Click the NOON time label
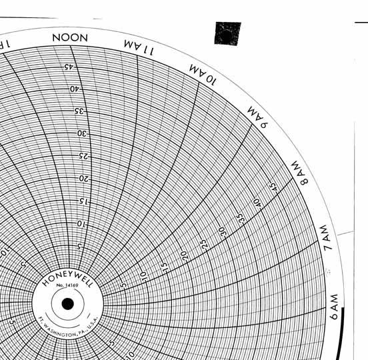70,37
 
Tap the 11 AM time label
139,47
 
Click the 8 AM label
299,173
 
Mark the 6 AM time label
335,308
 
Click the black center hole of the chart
67,304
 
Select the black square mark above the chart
227,33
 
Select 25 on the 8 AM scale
204,243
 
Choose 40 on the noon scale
75,89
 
